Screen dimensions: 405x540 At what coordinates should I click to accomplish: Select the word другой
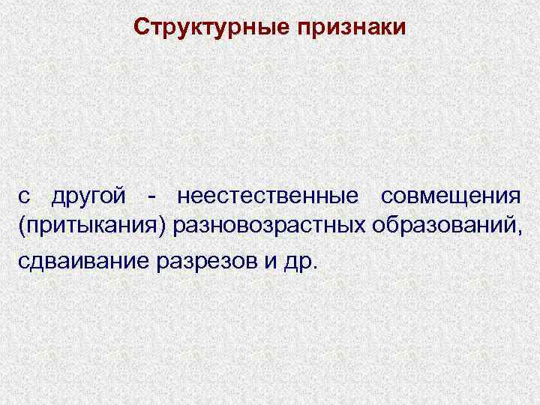point(93,197)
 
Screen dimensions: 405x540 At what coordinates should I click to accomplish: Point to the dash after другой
point(153,198)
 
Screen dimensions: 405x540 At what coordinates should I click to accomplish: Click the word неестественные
point(267,196)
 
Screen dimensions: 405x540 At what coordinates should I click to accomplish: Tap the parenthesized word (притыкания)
point(93,225)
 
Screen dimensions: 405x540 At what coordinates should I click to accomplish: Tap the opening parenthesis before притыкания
point(22,225)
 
